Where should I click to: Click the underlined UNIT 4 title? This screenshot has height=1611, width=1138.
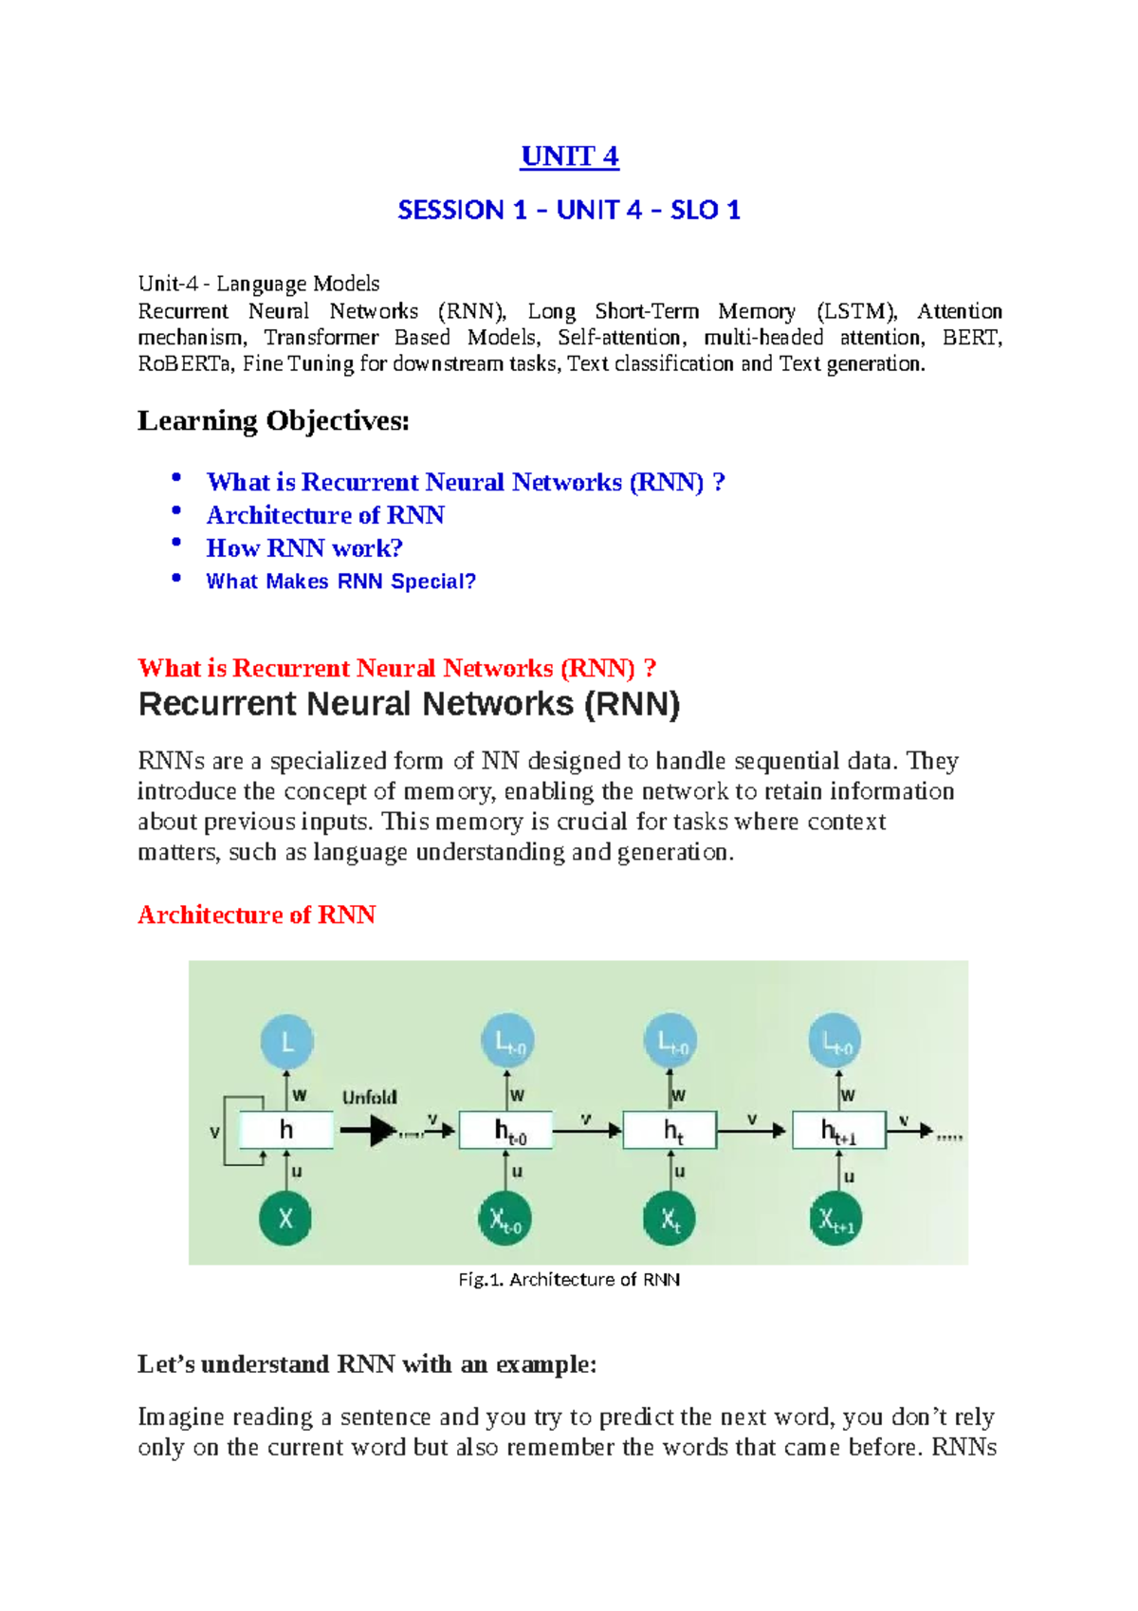click(569, 157)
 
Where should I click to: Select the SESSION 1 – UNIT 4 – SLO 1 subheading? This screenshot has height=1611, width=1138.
click(569, 210)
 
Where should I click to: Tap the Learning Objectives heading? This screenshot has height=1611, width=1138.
click(273, 420)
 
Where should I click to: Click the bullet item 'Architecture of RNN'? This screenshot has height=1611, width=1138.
click(325, 515)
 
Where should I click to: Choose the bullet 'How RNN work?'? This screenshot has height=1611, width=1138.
click(304, 548)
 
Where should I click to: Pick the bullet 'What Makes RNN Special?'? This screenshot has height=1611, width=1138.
click(340, 582)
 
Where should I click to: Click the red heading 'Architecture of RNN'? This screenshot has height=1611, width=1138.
click(256, 915)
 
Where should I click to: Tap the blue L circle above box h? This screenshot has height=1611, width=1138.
click(286, 1043)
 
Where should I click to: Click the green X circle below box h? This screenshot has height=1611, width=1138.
click(285, 1218)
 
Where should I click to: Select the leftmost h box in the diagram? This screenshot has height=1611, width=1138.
click(285, 1130)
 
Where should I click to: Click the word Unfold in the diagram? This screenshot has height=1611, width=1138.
click(369, 1098)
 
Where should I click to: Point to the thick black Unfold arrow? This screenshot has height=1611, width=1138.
click(369, 1130)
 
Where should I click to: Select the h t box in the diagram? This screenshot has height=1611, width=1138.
click(670, 1130)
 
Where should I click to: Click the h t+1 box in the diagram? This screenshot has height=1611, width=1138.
click(838, 1130)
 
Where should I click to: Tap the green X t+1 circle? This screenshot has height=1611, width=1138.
click(835, 1219)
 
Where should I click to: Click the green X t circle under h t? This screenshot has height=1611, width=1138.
click(670, 1219)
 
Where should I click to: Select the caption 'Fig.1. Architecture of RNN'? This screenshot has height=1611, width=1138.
click(569, 1280)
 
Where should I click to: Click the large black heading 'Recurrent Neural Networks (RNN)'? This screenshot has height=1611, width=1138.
click(409, 705)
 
